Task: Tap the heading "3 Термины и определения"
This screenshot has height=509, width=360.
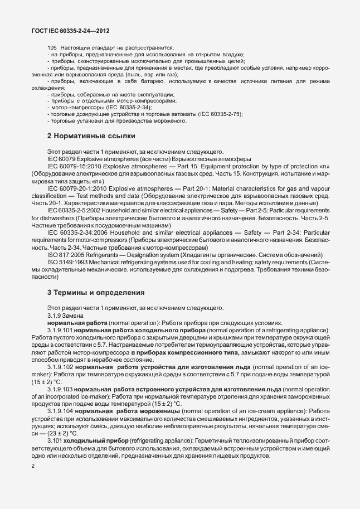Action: pyautogui.click(x=96, y=292)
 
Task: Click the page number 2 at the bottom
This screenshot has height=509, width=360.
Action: pyautogui.click(x=34, y=466)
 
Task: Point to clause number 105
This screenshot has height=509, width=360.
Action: pyautogui.click(x=52, y=48)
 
